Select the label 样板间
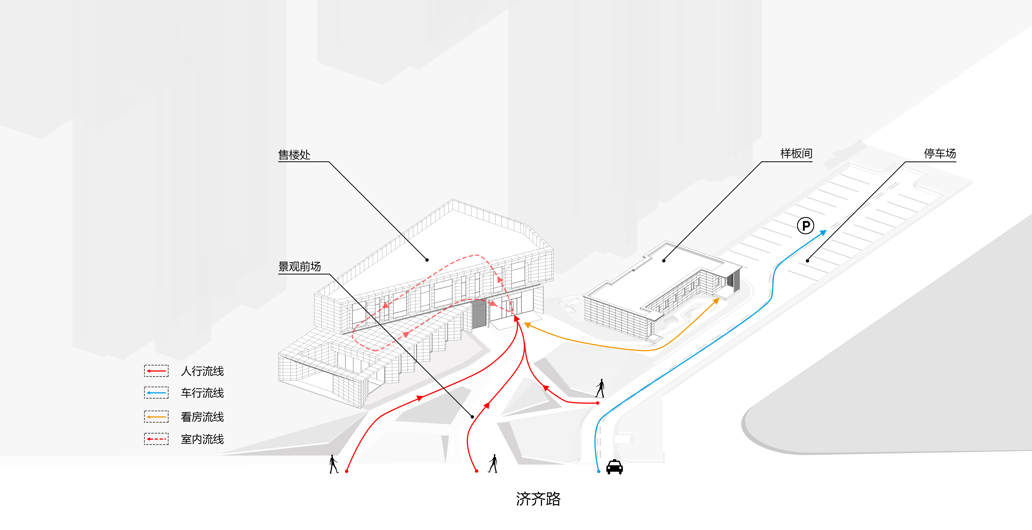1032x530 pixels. point(796,153)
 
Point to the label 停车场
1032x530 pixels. point(940,153)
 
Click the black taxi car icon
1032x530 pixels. point(614,467)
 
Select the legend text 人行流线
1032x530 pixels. point(202,371)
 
